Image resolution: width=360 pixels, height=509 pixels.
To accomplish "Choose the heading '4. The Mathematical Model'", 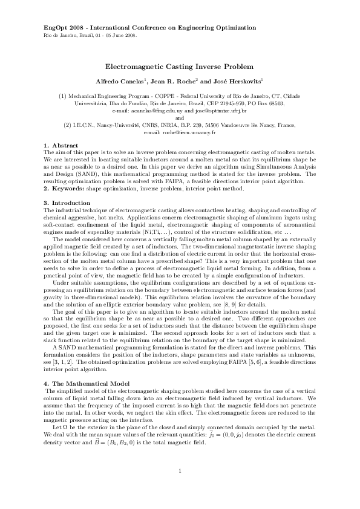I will click(83, 384).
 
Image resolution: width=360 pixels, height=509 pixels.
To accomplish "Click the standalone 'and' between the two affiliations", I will click(180, 118).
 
